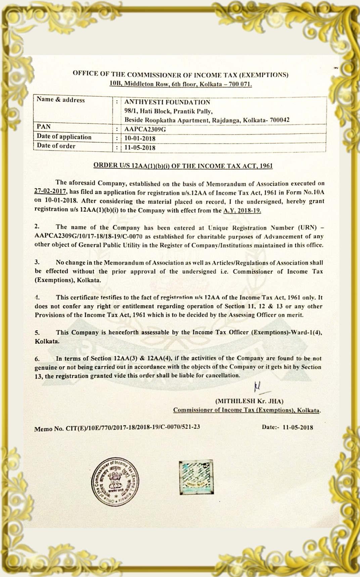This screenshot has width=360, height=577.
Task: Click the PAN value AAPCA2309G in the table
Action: [145, 129]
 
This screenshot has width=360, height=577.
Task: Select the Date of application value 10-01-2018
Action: [140, 138]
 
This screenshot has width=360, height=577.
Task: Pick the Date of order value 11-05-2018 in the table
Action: [140, 147]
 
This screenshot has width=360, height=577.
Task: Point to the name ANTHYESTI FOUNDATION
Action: [167, 102]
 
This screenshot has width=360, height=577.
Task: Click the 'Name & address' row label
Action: [61, 100]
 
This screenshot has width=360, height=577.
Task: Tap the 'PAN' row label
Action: [44, 127]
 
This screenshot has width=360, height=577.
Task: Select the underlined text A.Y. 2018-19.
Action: [242, 210]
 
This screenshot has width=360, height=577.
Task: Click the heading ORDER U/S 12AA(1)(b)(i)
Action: [183, 165]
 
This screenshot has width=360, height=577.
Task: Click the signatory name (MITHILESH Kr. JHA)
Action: [250, 401]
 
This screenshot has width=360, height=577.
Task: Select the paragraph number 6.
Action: [37, 359]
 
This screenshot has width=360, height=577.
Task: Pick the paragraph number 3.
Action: [37, 262]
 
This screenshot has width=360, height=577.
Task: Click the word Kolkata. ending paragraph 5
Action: [47, 341]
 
